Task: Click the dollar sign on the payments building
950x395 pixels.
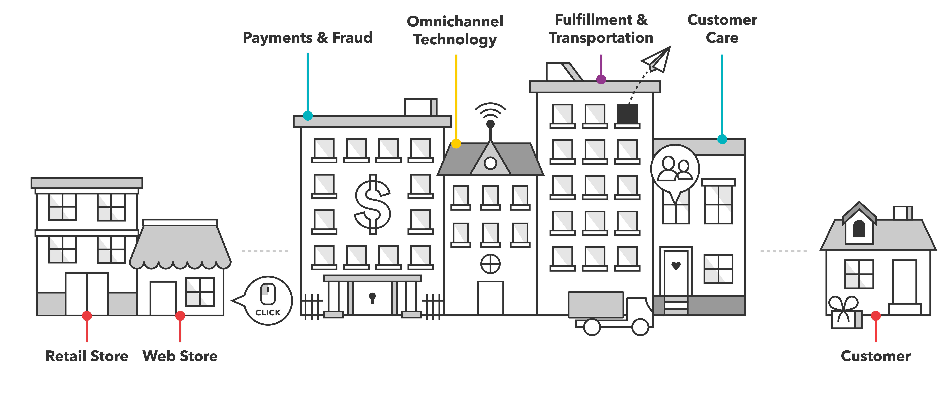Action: click(x=373, y=204)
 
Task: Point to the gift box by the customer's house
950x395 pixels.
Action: click(x=846, y=314)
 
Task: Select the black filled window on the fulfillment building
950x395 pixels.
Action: click(x=627, y=114)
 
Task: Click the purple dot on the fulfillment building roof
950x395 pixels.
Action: click(x=601, y=79)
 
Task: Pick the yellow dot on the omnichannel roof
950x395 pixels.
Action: click(x=456, y=144)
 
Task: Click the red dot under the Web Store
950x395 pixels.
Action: click(x=180, y=316)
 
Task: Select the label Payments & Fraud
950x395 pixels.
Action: click(x=308, y=38)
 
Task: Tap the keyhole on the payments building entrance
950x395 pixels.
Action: click(x=373, y=298)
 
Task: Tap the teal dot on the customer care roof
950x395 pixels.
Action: click(x=722, y=139)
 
